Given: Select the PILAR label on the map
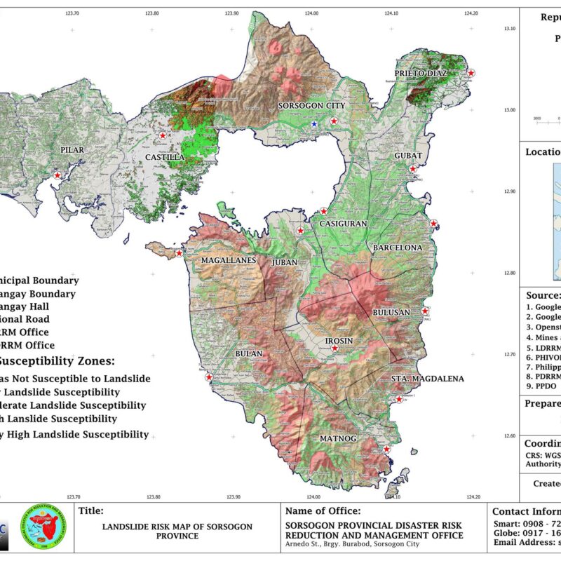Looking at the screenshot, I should click(x=72, y=150).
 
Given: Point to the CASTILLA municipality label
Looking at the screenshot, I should click(x=165, y=157).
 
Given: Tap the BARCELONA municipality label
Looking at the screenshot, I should click(x=398, y=248).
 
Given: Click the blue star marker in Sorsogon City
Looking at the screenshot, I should click(x=314, y=124).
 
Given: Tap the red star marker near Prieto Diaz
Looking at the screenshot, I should click(x=471, y=72).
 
